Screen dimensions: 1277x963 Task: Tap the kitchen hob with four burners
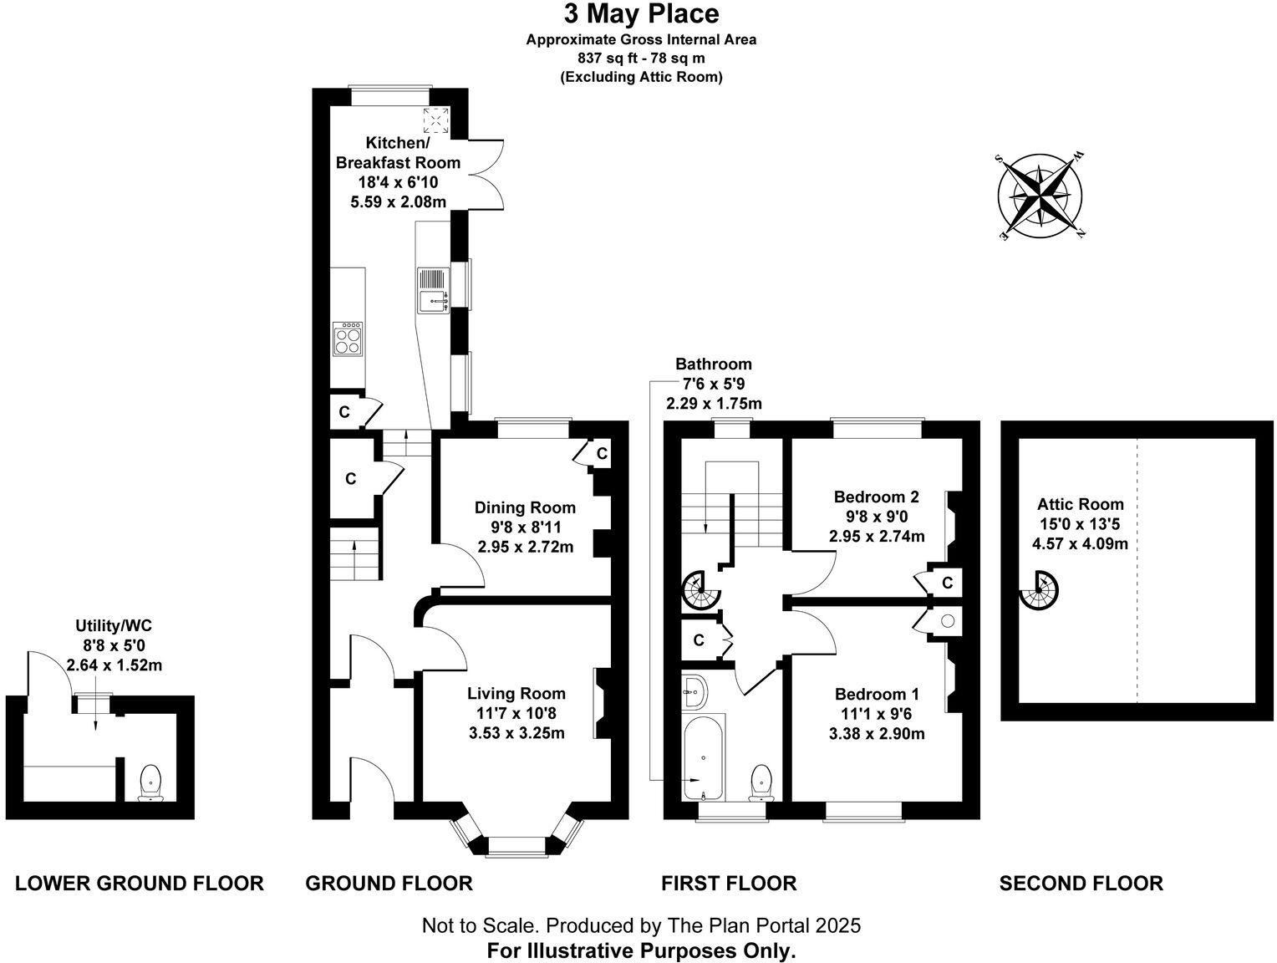[348, 339]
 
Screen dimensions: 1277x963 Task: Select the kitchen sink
[433, 290]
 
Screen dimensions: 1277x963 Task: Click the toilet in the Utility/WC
[151, 782]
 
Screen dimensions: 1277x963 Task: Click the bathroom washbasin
[694, 692]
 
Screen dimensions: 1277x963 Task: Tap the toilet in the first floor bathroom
[761, 782]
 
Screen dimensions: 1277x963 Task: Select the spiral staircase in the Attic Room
[1039, 591]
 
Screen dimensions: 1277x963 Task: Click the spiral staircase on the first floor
[702, 591]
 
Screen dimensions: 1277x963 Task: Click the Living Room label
[516, 694]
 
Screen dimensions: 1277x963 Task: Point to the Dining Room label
[525, 507]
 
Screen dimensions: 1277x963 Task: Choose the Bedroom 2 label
[876, 497]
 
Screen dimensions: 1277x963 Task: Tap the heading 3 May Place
[641, 14]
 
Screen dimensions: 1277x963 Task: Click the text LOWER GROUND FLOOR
[140, 884]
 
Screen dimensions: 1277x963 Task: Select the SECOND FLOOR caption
[1081, 884]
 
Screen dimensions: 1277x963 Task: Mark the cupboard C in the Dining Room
[602, 453]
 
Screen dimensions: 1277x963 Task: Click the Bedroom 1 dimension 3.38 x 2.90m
[876, 733]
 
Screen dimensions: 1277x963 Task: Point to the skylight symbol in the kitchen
[436, 120]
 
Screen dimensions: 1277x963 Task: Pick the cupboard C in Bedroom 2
[947, 583]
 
